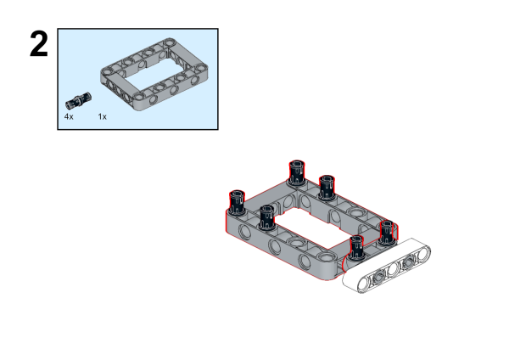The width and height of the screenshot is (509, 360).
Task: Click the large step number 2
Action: click(39, 44)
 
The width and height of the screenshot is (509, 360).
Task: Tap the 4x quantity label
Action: click(69, 116)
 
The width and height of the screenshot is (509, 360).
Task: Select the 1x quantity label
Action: click(103, 116)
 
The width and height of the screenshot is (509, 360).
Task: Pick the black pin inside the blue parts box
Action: click(78, 100)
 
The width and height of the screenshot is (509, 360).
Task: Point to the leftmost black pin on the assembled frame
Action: click(237, 202)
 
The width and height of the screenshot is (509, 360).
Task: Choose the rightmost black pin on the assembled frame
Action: click(387, 232)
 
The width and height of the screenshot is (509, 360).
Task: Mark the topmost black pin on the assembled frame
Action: click(297, 172)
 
